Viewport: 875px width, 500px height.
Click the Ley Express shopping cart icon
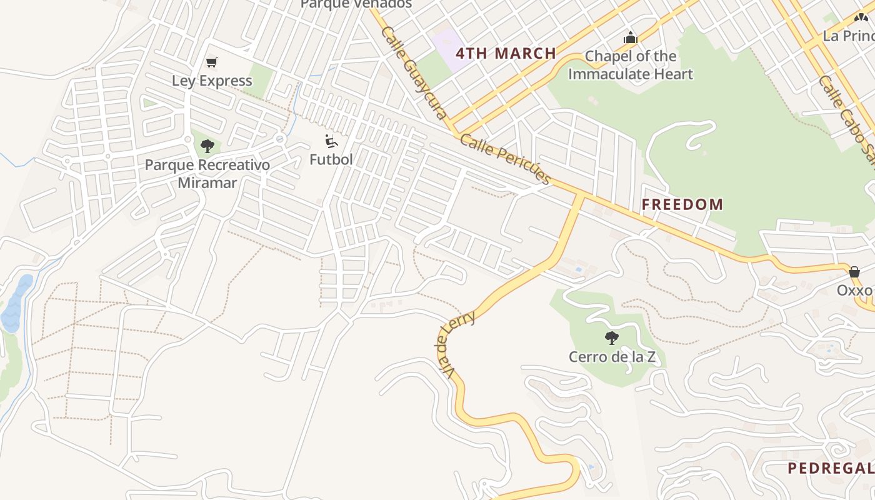tap(212, 62)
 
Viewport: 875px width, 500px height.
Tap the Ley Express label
tap(212, 81)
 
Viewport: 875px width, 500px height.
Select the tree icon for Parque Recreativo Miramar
tap(207, 147)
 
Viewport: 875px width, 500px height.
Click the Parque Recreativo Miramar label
tap(207, 174)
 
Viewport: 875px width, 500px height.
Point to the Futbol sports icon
tap(331, 141)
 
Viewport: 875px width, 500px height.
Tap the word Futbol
tap(331, 159)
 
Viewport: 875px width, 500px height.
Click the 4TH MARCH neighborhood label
tap(506, 53)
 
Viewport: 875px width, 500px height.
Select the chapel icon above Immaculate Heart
tap(630, 38)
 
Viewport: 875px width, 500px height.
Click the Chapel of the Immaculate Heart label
tap(630, 65)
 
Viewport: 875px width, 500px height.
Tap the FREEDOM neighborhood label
tap(682, 204)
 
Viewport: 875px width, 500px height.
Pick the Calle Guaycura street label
tap(414, 72)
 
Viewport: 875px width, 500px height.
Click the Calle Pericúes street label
tap(506, 158)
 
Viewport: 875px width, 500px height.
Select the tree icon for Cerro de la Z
tap(612, 338)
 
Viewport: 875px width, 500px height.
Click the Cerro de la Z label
tap(612, 357)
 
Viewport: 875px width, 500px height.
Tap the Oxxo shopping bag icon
tap(854, 272)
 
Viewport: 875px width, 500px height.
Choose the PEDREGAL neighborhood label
tap(831, 468)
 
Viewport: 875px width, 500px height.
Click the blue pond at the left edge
tap(16, 303)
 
